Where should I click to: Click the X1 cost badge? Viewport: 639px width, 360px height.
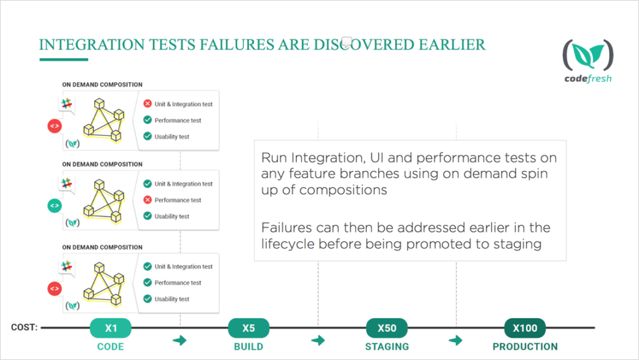point(110,328)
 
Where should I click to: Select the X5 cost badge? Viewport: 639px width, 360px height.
point(248,328)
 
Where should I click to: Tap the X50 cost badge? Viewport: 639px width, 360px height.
point(387,328)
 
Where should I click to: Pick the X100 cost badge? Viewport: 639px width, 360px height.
point(525,328)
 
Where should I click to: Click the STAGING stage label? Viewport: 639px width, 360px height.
point(387,346)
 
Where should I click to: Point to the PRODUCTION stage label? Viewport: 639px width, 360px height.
point(525,346)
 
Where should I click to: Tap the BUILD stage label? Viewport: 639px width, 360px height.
point(248,346)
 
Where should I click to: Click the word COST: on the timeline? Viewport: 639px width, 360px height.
point(24,328)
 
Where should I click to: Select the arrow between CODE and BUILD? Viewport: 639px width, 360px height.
point(179,340)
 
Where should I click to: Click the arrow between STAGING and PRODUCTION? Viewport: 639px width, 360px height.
point(456,340)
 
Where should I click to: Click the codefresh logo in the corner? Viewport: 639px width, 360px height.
point(588,61)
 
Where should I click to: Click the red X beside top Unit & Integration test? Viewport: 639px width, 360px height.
point(147,104)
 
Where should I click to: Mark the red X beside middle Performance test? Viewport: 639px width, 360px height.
point(147,200)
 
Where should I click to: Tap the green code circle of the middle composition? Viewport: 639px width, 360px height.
point(55,206)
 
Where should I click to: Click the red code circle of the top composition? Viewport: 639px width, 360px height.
point(55,126)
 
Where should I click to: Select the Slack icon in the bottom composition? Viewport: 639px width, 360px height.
point(66,266)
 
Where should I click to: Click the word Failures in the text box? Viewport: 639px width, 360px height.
point(286,227)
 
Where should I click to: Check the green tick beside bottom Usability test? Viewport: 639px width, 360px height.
point(147,299)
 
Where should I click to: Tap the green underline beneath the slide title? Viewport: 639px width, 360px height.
point(64,59)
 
